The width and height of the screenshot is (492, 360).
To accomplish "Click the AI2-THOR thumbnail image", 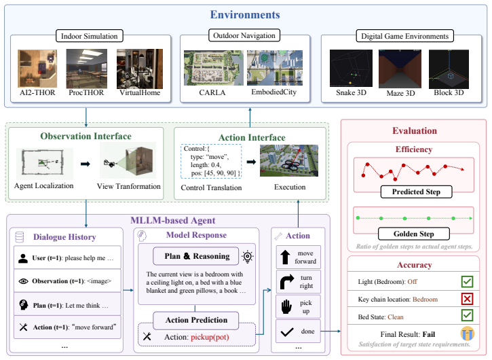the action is pos(37,68).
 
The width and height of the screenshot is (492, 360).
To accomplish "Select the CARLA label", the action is pos(212,92).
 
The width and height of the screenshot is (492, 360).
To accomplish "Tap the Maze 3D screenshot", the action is pos(400,69).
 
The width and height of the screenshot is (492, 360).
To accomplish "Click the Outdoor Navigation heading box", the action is pos(244,35).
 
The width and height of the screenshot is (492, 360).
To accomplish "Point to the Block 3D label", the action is pos(449,92).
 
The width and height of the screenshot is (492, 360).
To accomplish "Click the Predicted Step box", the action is pos(416,192).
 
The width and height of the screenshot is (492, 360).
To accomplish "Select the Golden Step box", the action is pos(413,234).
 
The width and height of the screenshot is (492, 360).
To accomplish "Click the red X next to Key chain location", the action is pos(467,299).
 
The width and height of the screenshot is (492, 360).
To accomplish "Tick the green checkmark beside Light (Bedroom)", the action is pos(467,281).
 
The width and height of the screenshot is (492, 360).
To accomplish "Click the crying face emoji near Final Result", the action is pos(467,334).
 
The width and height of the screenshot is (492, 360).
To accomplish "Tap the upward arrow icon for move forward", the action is pos(285,257).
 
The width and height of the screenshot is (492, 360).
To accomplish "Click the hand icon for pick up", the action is pos(286,306).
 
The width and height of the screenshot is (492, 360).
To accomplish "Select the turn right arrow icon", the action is pos(287,281).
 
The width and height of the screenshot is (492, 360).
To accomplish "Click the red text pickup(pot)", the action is pos(210,337).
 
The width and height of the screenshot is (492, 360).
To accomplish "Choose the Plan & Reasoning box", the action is pos(197,256).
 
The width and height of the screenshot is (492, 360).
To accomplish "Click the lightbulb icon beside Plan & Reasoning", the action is pos(248,257).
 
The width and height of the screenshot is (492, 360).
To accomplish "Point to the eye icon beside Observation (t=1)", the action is pos(23,281).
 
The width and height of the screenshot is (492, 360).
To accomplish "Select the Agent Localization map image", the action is pos(45,163).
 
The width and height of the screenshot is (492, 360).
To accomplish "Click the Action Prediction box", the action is pos(196,320).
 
